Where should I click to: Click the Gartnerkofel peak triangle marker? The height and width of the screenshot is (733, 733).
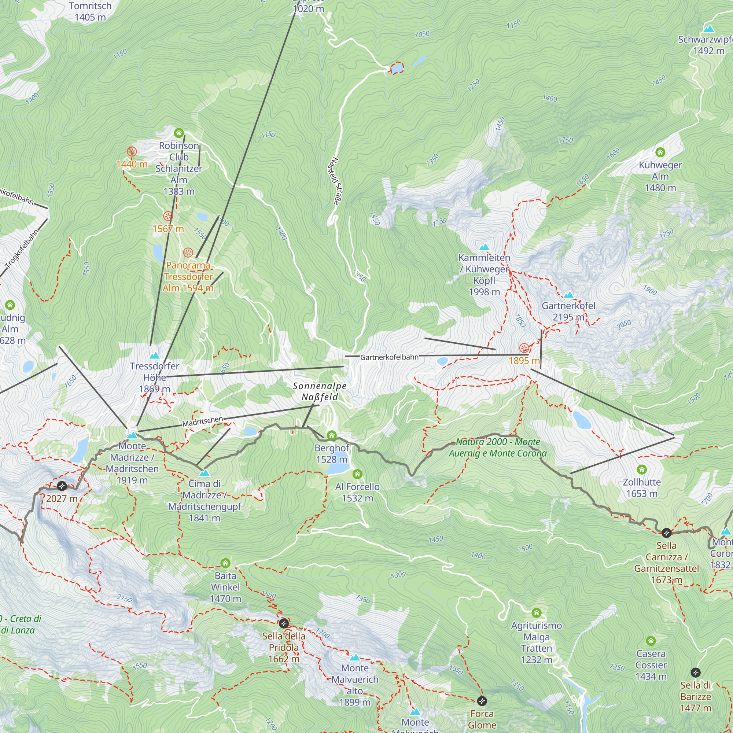tap(568, 295)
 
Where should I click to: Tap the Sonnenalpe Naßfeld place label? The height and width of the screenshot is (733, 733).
tap(320, 391)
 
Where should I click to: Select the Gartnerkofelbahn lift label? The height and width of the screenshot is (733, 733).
tap(389, 357)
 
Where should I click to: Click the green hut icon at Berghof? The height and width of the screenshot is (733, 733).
tap(332, 435)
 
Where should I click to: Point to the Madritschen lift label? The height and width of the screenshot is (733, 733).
tap(203, 421)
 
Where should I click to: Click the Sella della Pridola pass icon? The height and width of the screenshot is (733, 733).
tap(283, 623)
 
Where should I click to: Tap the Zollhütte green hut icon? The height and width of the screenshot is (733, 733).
tap(642, 470)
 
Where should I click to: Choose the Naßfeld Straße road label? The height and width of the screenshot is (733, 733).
tap(333, 181)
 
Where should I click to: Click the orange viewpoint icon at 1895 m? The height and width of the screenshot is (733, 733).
tap(524, 348)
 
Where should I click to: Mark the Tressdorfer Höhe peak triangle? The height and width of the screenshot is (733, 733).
tap(154, 356)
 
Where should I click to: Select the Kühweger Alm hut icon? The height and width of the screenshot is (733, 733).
tap(660, 152)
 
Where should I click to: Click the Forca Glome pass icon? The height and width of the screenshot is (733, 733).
tap(482, 701)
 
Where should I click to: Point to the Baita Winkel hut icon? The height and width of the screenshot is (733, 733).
tap(225, 563)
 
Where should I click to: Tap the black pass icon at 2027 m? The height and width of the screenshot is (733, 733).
tap(62, 486)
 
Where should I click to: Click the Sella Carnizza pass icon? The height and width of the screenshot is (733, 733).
tap(667, 533)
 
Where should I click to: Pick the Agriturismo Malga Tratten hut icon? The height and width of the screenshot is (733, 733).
tap(537, 613)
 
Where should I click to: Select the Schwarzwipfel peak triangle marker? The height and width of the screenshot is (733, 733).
tap(709, 29)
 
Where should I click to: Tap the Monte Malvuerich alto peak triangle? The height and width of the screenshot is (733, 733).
tap(355, 658)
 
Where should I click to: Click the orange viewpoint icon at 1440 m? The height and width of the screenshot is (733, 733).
tap(132, 152)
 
